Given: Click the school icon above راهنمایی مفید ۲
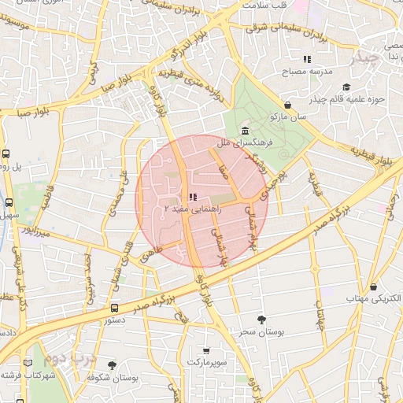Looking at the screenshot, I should (193, 198).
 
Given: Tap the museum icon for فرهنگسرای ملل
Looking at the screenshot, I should (246, 131).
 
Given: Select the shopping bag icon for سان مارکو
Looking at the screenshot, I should (288, 105).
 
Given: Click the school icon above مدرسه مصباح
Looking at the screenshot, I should (307, 59).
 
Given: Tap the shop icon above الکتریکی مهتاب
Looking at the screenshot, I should (373, 287).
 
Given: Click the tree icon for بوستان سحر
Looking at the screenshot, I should (261, 319).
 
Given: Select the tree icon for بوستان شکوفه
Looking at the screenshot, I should (111, 365).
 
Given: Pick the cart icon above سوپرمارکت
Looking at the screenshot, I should (206, 350).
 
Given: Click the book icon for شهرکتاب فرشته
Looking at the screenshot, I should (29, 363).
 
